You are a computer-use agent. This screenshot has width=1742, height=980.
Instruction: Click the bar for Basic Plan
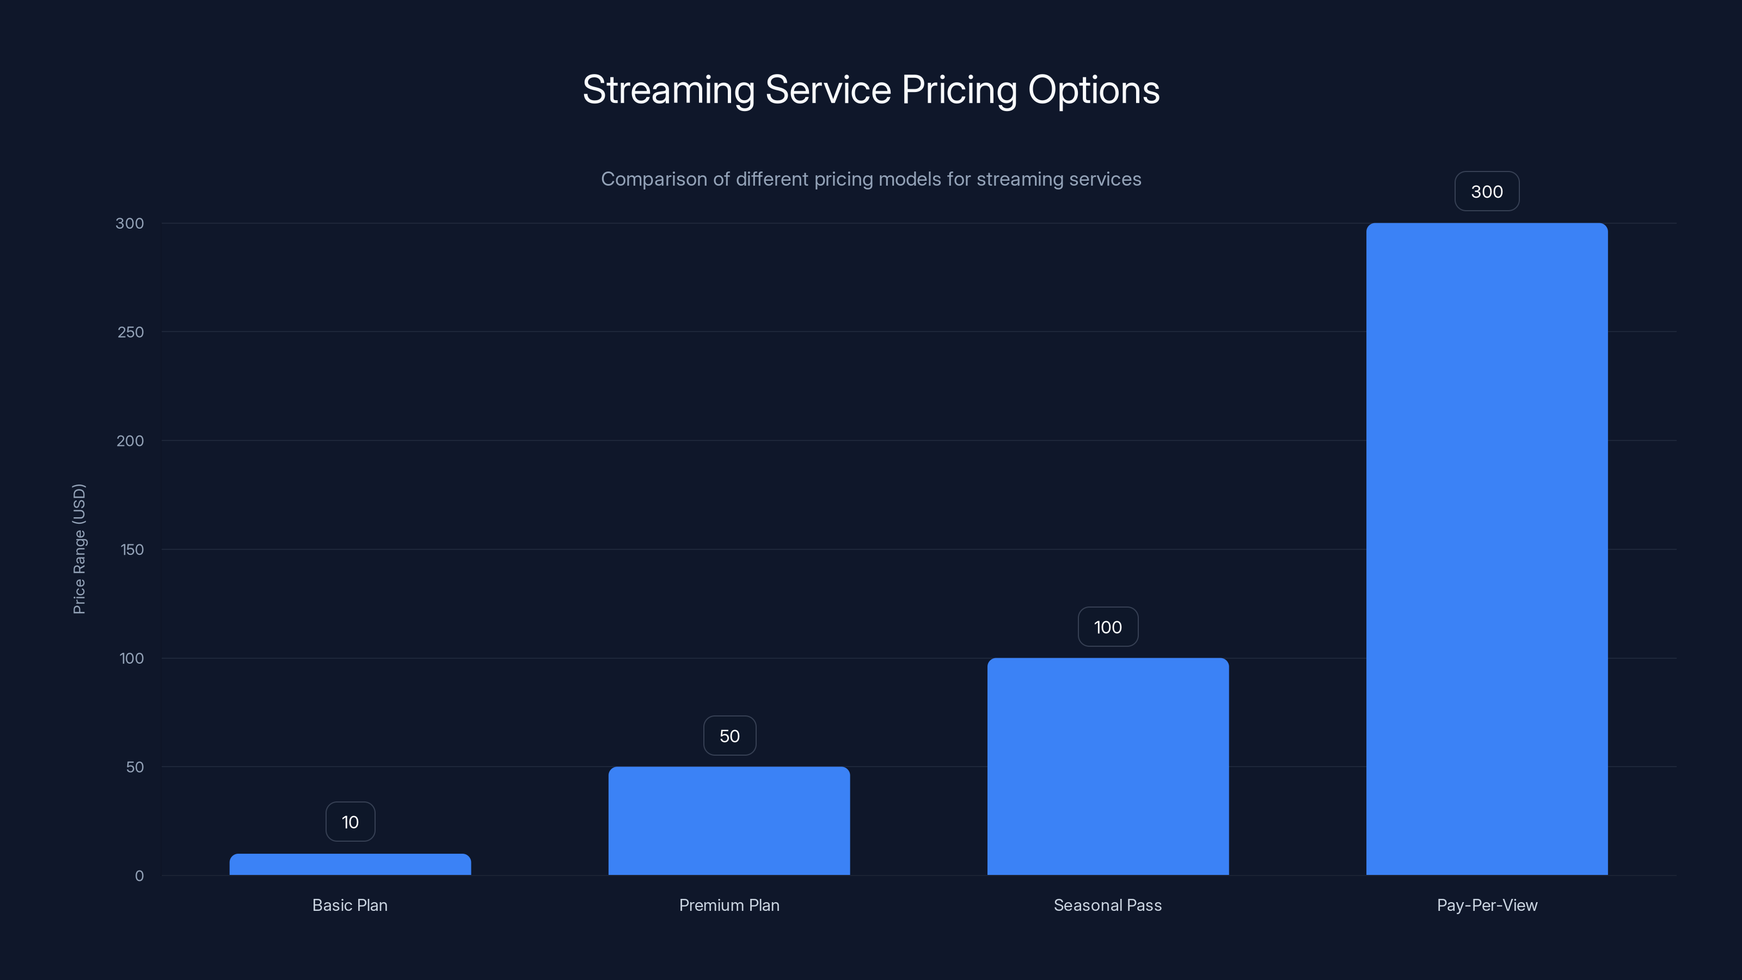pyautogui.click(x=349, y=865)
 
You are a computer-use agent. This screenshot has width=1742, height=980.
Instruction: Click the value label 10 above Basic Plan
pyautogui.click(x=350, y=822)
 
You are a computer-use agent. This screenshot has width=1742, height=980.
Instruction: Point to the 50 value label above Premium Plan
pyautogui.click(x=729, y=736)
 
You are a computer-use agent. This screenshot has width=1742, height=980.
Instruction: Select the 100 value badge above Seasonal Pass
pyautogui.click(x=1108, y=627)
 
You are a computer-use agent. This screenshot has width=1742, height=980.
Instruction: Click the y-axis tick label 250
pyautogui.click(x=131, y=332)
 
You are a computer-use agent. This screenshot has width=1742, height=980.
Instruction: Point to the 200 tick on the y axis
pyautogui.click(x=131, y=441)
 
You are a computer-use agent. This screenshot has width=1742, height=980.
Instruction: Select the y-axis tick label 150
pyautogui.click(x=132, y=550)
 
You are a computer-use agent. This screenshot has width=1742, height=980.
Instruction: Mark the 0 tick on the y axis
pyautogui.click(x=139, y=876)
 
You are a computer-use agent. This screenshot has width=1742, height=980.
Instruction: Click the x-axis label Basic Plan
pyautogui.click(x=349, y=905)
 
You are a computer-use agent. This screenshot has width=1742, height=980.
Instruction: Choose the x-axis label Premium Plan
pyautogui.click(x=729, y=905)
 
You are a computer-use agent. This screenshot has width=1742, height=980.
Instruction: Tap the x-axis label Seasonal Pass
pyautogui.click(x=1108, y=905)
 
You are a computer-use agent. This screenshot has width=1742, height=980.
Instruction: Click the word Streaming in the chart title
pyautogui.click(x=668, y=90)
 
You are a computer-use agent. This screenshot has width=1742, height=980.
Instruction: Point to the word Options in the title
pyautogui.click(x=1094, y=90)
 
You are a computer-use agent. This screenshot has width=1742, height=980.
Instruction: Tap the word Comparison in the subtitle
pyautogui.click(x=653, y=179)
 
